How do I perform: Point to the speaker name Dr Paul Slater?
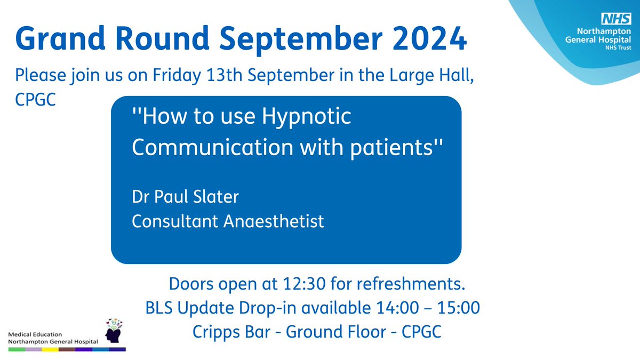point(185,197)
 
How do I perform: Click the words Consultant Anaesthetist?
point(228,220)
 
